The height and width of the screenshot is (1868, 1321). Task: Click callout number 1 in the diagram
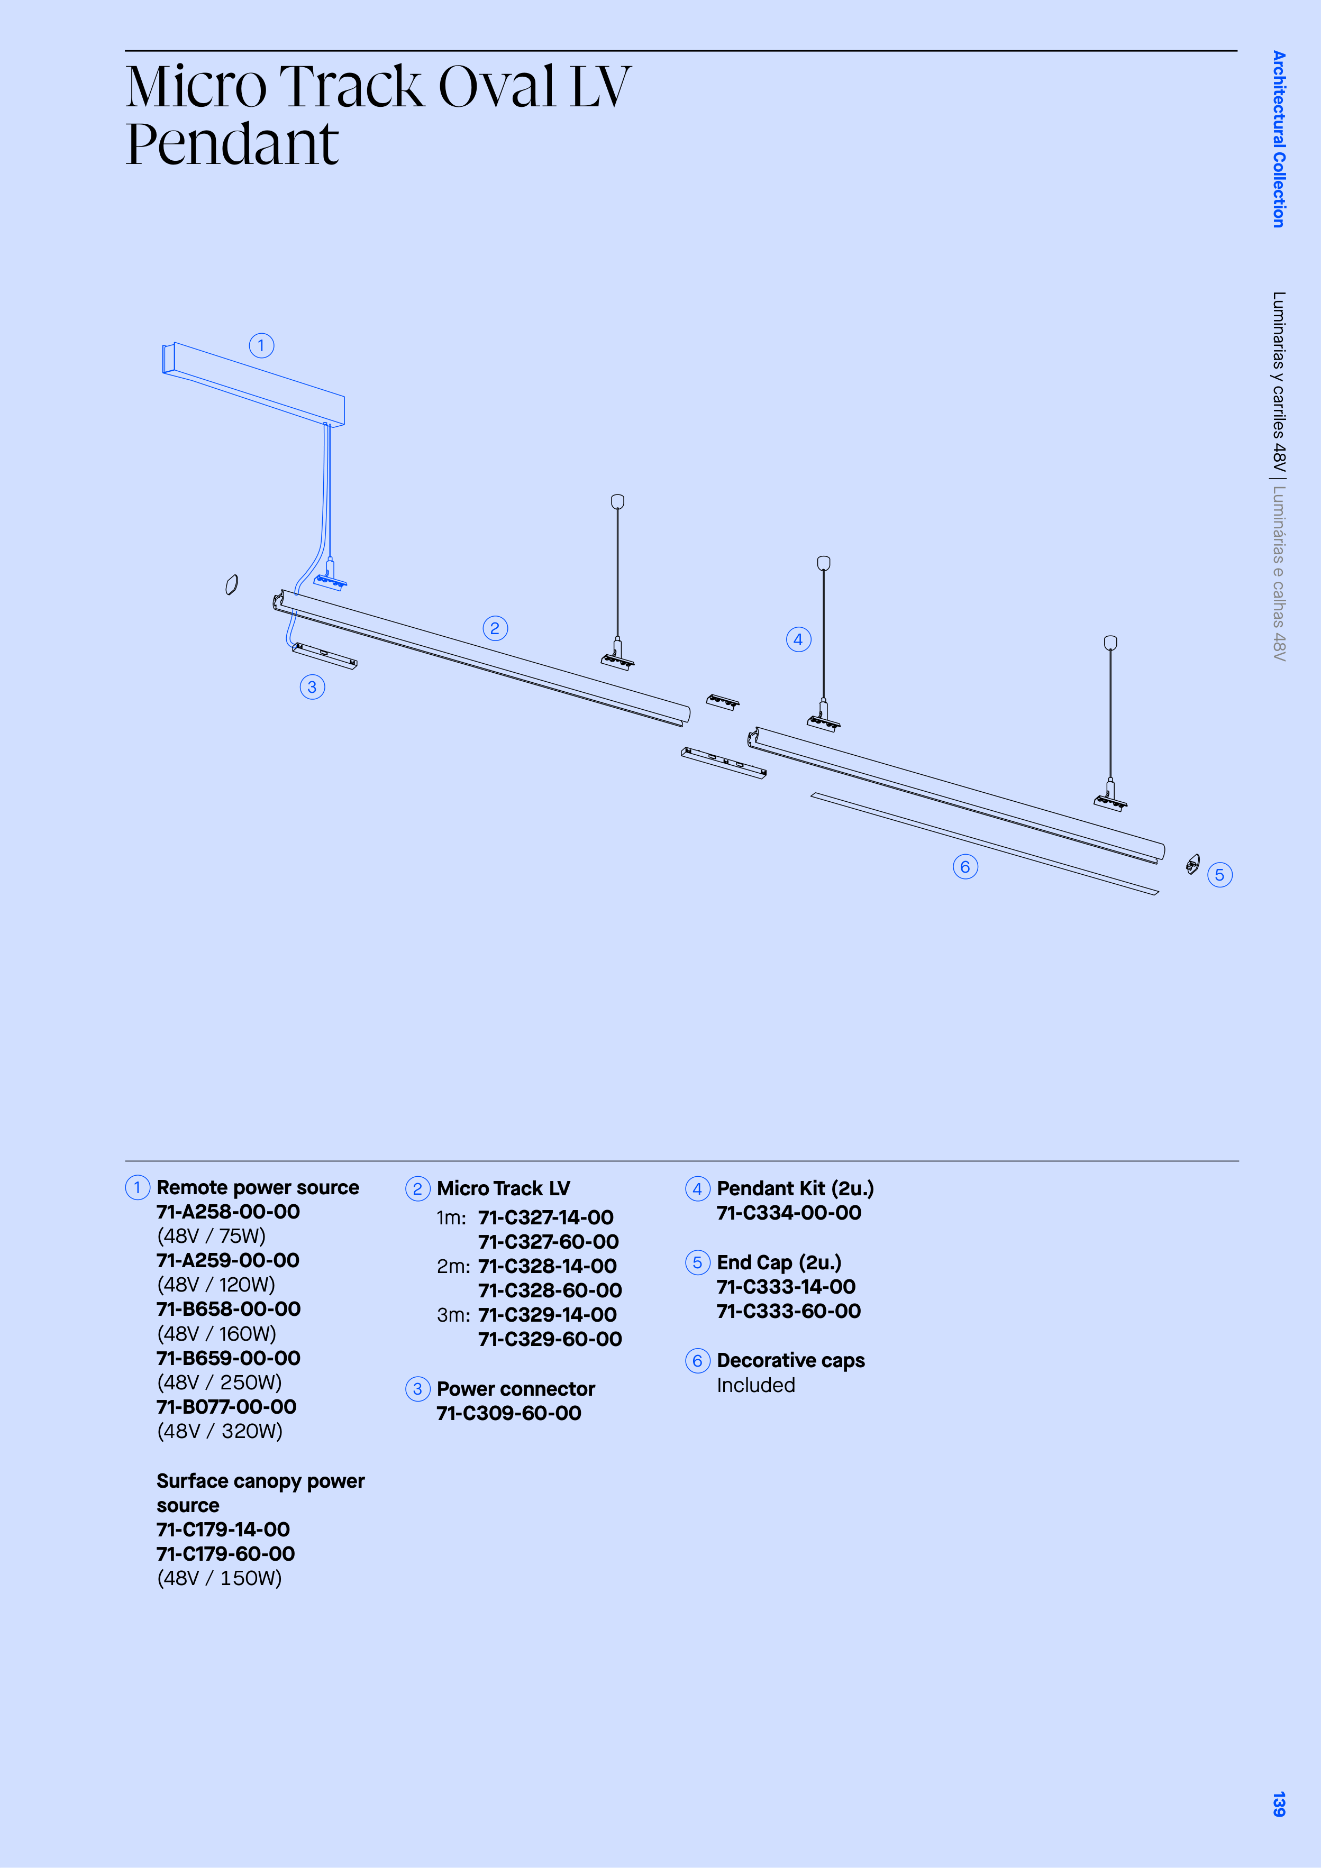(261, 346)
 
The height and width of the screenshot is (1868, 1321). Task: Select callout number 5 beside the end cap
(1219, 875)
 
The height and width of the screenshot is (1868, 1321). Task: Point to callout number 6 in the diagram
(965, 866)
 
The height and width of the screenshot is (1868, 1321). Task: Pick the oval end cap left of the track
(232, 585)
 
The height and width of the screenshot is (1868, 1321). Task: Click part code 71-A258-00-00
(228, 1212)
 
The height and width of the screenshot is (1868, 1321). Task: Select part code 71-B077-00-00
(226, 1407)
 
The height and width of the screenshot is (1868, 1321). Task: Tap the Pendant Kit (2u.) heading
(795, 1188)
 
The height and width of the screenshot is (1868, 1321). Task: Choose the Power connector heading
(516, 1389)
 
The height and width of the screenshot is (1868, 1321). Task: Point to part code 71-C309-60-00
(509, 1413)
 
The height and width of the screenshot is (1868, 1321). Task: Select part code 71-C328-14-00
(547, 1266)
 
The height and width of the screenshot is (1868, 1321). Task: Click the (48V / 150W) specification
(219, 1578)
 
